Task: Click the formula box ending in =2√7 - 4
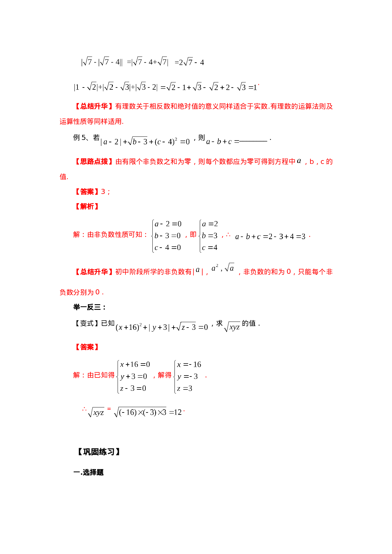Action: pyautogui.click(x=189, y=62)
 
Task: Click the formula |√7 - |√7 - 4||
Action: pyautogui.click(x=102, y=62)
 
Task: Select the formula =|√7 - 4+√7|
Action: pyautogui.click(x=148, y=62)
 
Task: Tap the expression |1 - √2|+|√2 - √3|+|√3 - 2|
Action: pyautogui.click(x=116, y=87)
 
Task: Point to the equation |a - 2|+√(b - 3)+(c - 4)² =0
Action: pyautogui.click(x=145, y=142)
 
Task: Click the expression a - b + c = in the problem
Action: pyautogui.click(x=222, y=141)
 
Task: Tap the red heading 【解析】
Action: pyautogui.click(x=87, y=206)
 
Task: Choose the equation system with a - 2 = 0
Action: pyautogui.click(x=166, y=236)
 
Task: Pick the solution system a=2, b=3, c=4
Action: pyautogui.click(x=208, y=236)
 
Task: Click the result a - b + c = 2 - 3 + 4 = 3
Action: pyautogui.click(x=270, y=236)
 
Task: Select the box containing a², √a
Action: pyautogui.click(x=223, y=268)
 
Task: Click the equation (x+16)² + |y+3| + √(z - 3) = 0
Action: pyautogui.click(x=162, y=327)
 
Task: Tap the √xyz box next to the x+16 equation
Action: pyautogui.click(x=232, y=327)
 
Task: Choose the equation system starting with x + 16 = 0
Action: pyautogui.click(x=132, y=376)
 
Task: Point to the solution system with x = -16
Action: pyautogui.click(x=187, y=376)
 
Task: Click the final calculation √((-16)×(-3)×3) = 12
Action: pyautogui.click(x=148, y=412)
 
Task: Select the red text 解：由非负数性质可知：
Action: pyautogui.click(x=110, y=234)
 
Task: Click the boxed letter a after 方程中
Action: pyautogui.click(x=299, y=161)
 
